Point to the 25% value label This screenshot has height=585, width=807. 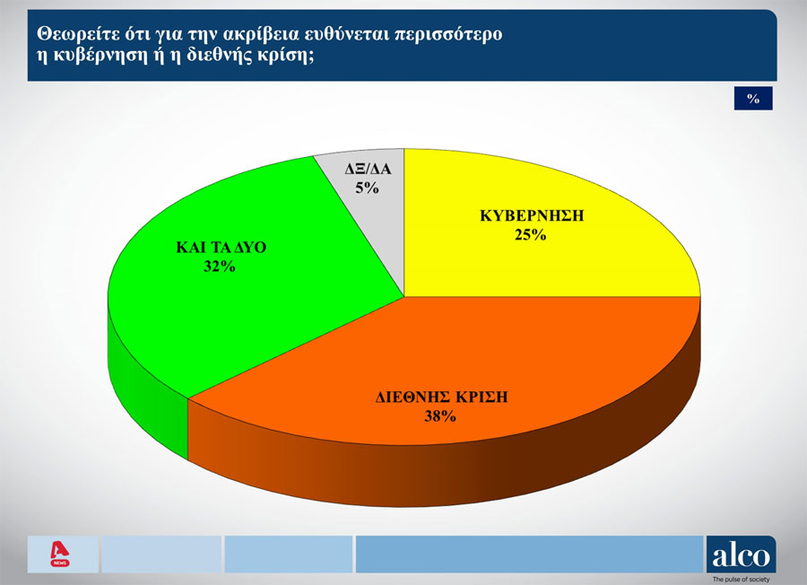pyautogui.click(x=530, y=235)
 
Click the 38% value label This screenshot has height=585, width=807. pyautogui.click(x=440, y=416)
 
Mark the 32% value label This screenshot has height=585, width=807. pyautogui.click(x=220, y=266)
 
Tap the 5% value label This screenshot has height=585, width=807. pyautogui.click(x=367, y=188)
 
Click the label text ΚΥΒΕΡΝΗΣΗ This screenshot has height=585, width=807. pyautogui.click(x=532, y=215)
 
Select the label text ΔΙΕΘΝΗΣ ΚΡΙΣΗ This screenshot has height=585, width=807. pyautogui.click(x=441, y=397)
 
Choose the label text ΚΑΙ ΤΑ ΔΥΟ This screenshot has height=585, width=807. pyautogui.click(x=221, y=247)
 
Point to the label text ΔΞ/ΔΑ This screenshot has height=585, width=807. pyautogui.click(x=368, y=169)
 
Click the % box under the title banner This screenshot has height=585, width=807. pyautogui.click(x=753, y=99)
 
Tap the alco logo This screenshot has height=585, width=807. pyautogui.click(x=742, y=554)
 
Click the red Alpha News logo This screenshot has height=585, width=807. pyautogui.click(x=60, y=554)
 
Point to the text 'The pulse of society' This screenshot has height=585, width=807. pyautogui.click(x=742, y=580)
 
